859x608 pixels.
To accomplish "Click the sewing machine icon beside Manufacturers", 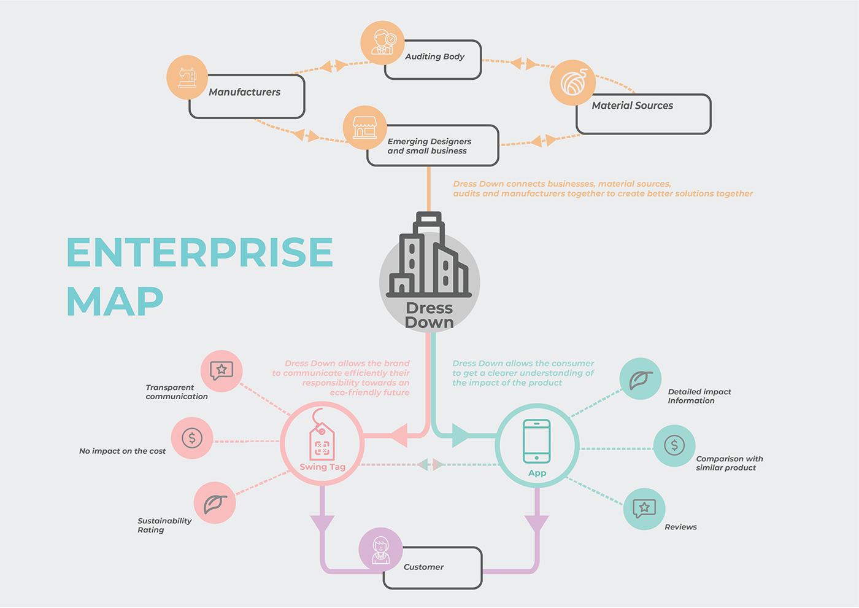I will (x=187, y=77).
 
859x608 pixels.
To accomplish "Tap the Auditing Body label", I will (x=434, y=57).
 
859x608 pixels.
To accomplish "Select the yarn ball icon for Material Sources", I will (x=572, y=82).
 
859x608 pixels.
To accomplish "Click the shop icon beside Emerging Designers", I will (x=364, y=128).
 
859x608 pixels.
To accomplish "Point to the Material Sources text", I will (x=632, y=106).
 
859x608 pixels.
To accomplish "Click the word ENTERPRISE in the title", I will (x=199, y=252).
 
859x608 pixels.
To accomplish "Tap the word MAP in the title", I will (x=115, y=300).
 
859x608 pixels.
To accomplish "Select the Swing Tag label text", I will (x=322, y=467).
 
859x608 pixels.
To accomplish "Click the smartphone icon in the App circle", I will (x=537, y=441).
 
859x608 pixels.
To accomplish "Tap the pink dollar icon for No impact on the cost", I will (x=192, y=438).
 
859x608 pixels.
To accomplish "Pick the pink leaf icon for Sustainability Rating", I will (x=215, y=504).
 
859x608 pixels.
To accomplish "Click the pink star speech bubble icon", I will (x=221, y=371).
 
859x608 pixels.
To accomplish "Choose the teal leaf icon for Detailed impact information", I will (x=640, y=379).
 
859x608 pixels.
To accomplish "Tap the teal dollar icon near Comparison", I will (x=674, y=445).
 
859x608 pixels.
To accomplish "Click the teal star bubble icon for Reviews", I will (x=644, y=509).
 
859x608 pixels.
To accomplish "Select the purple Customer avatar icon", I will (x=380, y=548).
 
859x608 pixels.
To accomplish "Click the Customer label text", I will (x=423, y=567).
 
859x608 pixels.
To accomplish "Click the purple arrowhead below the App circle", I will (x=537, y=524).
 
